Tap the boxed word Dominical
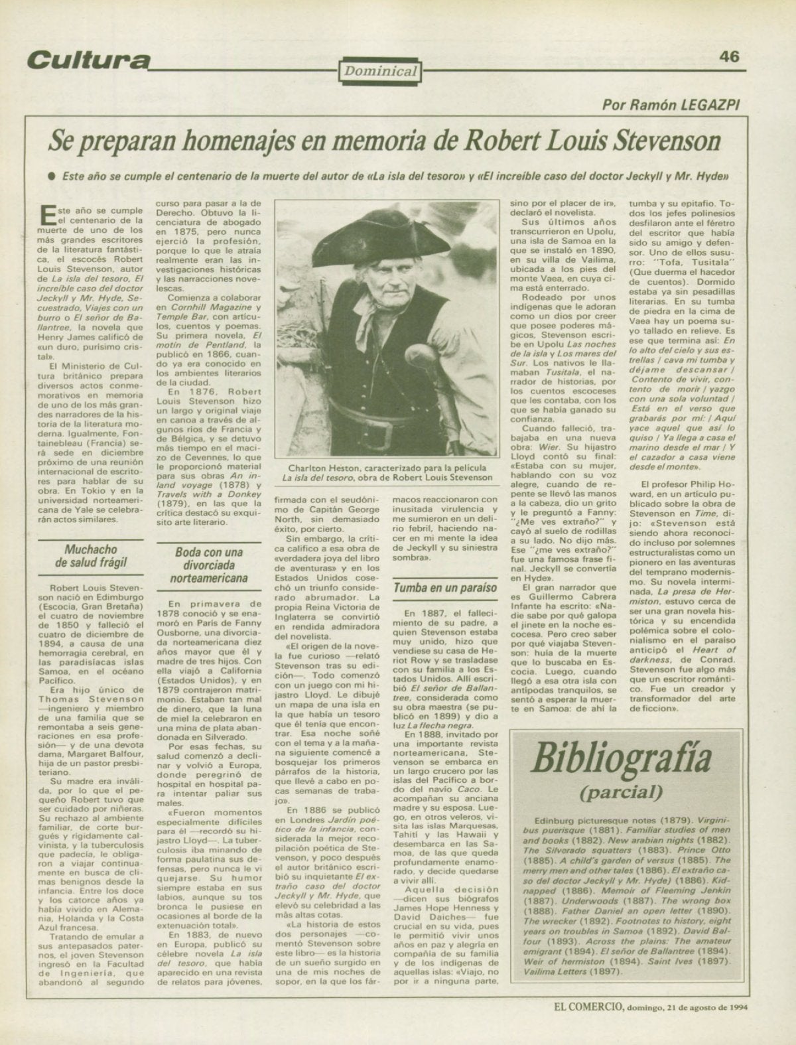379,71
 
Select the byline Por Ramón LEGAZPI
672,104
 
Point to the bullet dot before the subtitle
50,178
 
